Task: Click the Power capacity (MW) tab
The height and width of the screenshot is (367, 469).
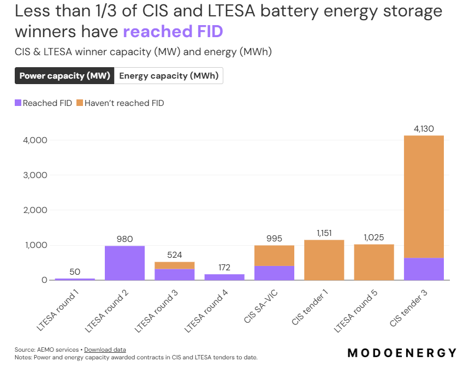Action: [64, 76]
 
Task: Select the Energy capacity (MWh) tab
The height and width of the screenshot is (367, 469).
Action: [169, 76]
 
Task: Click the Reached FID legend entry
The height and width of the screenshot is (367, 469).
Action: [44, 103]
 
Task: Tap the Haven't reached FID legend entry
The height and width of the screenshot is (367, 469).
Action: [120, 103]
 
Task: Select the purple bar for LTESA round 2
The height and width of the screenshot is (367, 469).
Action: [125, 263]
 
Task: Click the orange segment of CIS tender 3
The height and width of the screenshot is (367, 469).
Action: [424, 197]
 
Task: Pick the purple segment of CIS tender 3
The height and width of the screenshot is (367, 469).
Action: [424, 269]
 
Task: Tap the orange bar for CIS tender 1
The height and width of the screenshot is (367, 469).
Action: [324, 260]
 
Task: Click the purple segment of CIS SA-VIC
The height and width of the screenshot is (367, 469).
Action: [274, 273]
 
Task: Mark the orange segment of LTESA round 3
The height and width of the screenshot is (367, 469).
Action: [175, 265]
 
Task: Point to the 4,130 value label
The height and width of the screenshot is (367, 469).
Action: [424, 129]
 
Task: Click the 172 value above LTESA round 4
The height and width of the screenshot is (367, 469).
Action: [224, 268]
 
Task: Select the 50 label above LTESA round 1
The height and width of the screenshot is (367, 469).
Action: [75, 272]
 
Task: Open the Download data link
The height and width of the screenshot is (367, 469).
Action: [105, 350]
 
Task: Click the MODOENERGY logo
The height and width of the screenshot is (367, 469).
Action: [402, 352]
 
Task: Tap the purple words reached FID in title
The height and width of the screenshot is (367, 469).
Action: [173, 32]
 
